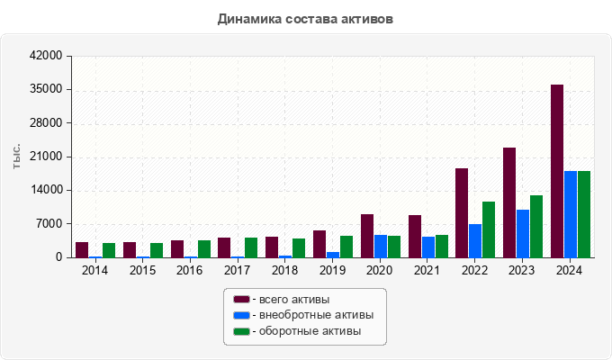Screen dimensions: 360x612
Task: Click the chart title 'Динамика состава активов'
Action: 305,19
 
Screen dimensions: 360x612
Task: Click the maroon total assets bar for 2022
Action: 462,212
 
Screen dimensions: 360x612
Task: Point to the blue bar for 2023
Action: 523,233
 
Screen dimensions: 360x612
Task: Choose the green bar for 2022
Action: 489,229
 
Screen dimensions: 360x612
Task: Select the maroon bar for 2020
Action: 367,236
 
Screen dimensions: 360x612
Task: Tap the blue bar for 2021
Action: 428,247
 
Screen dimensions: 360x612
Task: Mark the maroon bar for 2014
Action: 82,249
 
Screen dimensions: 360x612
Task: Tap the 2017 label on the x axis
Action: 237,270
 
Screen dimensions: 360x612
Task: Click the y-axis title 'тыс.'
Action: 16,157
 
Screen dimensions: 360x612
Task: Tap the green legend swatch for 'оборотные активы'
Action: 242,331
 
